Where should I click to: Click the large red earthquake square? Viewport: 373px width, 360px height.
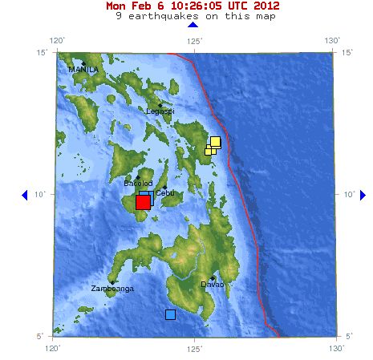143,202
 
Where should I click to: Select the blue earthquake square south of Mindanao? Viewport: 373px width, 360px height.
170,314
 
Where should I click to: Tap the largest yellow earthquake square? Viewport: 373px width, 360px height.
215,142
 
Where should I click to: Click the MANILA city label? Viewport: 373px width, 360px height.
83,70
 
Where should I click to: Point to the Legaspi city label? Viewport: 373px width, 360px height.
160,111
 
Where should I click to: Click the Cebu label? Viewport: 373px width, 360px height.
164,193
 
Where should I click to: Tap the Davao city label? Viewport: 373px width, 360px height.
213,284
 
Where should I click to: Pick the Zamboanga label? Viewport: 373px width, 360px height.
111,288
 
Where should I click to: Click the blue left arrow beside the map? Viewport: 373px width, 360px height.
24,195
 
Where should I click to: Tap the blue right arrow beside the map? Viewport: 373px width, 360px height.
363,195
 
